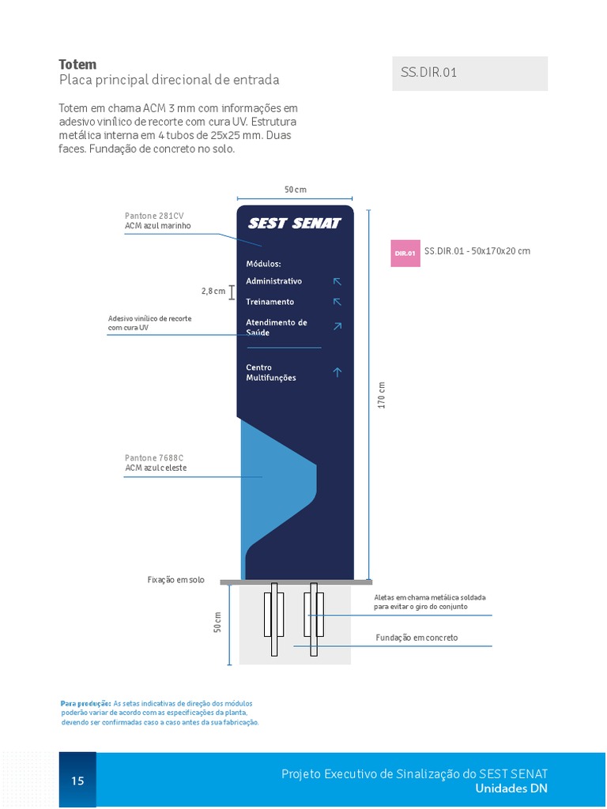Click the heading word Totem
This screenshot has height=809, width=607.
[x=77, y=64]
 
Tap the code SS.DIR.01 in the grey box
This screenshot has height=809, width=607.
[x=428, y=73]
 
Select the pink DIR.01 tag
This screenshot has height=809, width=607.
[x=405, y=253]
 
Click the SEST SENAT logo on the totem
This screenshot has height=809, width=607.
[x=294, y=224]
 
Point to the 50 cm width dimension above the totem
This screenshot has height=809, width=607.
[x=295, y=190]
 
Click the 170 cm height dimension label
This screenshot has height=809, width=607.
[x=382, y=395]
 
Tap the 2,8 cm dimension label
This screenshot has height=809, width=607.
[x=213, y=292]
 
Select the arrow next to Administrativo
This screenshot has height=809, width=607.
[x=337, y=281]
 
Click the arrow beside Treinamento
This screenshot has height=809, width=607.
[x=337, y=302]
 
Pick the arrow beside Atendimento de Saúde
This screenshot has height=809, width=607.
[x=337, y=325]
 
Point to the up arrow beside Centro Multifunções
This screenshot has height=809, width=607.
[x=337, y=372]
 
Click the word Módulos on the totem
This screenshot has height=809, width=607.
[x=263, y=264]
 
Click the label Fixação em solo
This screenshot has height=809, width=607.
[x=175, y=580]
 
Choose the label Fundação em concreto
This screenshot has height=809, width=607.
[x=416, y=638]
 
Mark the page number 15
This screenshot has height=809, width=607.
[x=77, y=781]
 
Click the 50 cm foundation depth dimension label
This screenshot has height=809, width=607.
[x=218, y=622]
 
